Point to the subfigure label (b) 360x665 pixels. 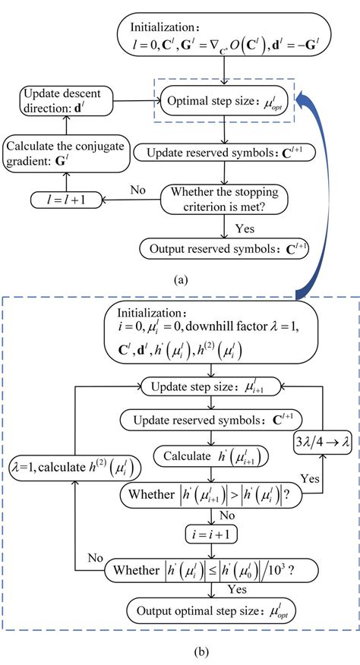pos(180,651)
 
